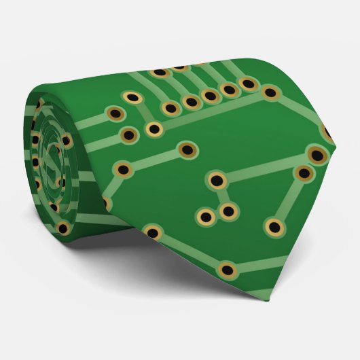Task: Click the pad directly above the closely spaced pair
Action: click(x=217, y=181)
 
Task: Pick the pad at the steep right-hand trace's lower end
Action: click(x=274, y=226)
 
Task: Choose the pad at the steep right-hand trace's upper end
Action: click(x=304, y=173)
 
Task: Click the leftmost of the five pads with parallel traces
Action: click(x=169, y=107)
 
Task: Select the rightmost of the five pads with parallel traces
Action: click(x=249, y=84)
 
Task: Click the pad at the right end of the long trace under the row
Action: click(x=270, y=92)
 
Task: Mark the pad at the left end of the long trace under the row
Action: click(x=154, y=129)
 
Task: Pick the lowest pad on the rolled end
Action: click(x=63, y=227)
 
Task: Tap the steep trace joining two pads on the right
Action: click(x=289, y=200)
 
